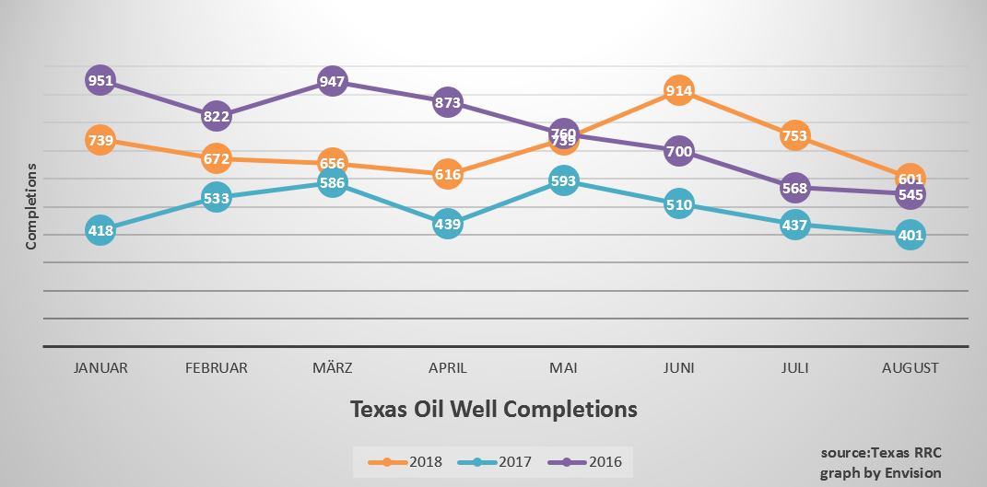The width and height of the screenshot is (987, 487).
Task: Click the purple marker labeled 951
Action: point(100,81)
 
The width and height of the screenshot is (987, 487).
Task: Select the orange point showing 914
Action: point(678,91)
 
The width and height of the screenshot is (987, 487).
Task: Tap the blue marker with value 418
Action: point(100,230)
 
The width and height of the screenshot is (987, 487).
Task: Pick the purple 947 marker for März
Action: point(332,82)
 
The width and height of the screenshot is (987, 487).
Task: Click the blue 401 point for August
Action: point(910,235)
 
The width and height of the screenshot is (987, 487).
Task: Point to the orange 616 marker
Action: point(447,173)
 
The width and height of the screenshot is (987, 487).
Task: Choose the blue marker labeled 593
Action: point(563,181)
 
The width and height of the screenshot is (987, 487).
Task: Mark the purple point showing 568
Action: point(794,188)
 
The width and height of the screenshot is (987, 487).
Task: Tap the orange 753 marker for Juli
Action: point(794,136)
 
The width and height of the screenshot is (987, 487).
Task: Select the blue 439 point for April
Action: point(447,223)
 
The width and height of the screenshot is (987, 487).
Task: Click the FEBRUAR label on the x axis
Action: point(216,367)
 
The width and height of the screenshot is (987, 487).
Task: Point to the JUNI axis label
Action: point(678,367)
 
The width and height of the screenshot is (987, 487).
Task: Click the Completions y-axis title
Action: point(30,206)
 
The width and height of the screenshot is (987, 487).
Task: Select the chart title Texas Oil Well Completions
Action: point(493,408)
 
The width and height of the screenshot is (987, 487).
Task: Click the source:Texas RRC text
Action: point(881,453)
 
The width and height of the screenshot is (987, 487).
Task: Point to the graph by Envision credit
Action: point(881,472)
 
